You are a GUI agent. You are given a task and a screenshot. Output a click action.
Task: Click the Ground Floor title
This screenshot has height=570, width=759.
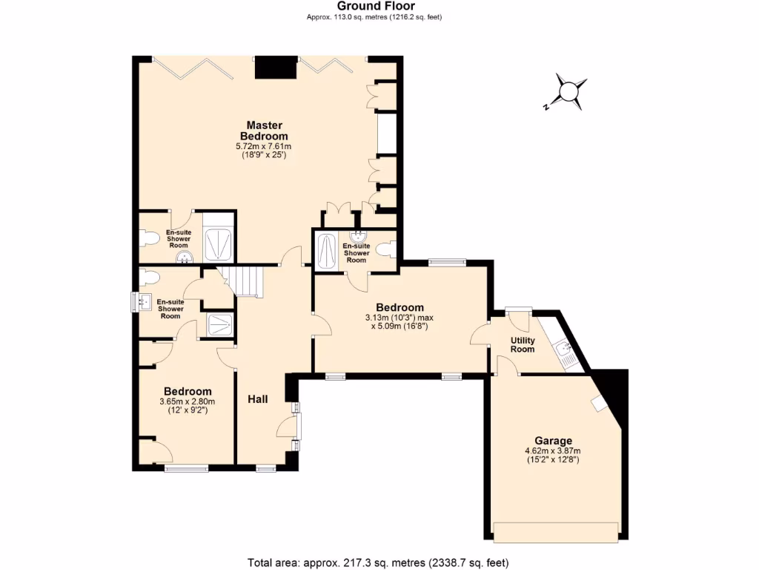[379, 6]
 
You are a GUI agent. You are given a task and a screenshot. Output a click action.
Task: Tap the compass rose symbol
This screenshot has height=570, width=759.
[568, 91]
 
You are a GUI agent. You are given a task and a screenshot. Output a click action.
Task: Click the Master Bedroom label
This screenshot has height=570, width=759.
[266, 131]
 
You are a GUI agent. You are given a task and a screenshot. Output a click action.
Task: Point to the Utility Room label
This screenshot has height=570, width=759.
[523, 344]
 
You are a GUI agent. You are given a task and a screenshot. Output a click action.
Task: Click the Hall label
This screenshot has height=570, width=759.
[258, 399]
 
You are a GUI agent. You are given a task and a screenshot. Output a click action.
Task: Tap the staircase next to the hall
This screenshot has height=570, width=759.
[244, 281]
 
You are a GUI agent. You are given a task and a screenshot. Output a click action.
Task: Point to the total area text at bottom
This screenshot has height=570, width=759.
[378, 562]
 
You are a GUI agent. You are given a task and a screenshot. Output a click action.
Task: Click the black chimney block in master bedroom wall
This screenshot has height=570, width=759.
[275, 68]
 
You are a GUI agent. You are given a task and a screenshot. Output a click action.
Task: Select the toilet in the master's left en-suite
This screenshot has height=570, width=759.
[150, 238]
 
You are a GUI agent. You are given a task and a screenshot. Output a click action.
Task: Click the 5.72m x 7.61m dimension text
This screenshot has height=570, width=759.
[266, 147]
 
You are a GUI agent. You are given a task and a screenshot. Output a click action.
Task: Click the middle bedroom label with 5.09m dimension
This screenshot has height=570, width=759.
[400, 307]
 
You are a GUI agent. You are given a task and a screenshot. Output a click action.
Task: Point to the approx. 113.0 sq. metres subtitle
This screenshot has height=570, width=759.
[379, 17]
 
